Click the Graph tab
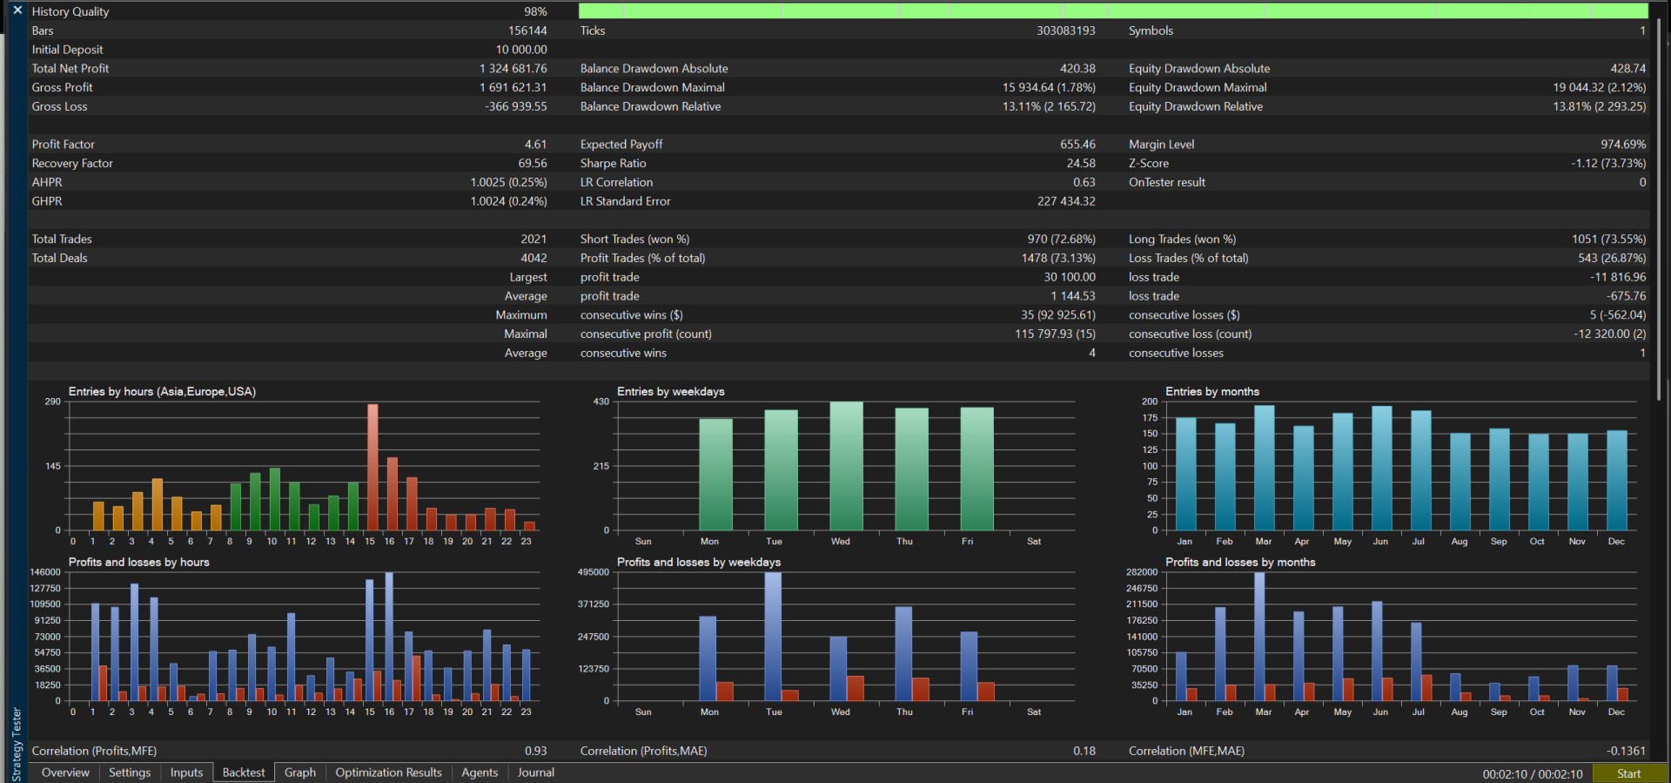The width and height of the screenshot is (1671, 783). pyautogui.click(x=300, y=773)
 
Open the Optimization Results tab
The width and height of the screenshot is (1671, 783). pyautogui.click(x=388, y=773)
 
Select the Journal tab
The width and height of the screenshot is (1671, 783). pyautogui.click(x=536, y=773)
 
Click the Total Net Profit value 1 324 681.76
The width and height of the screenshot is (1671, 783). pyautogui.click(x=513, y=69)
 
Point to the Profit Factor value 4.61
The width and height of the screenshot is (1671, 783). pyautogui.click(x=535, y=145)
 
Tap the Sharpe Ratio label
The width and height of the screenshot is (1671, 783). pyautogui.click(x=614, y=164)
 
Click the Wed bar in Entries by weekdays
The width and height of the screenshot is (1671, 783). pyautogui.click(x=846, y=466)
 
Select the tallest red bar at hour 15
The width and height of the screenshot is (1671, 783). pyautogui.click(x=372, y=467)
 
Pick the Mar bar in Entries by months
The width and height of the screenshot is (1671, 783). pyautogui.click(x=1265, y=468)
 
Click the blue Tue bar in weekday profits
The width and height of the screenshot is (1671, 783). pyautogui.click(x=773, y=637)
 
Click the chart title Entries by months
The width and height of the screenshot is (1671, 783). pyautogui.click(x=1212, y=392)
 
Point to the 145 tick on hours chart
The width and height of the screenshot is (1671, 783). pyautogui.click(x=53, y=466)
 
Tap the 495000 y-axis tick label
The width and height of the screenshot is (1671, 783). pyautogui.click(x=594, y=572)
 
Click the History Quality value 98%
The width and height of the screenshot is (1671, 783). pyautogui.click(x=535, y=12)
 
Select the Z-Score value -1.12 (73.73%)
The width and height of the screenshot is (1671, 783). pyautogui.click(x=1608, y=164)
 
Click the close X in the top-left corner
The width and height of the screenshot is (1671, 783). pyautogui.click(x=17, y=10)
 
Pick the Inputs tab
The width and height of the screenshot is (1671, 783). pyautogui.click(x=186, y=773)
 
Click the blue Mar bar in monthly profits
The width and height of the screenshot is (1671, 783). pyautogui.click(x=1259, y=637)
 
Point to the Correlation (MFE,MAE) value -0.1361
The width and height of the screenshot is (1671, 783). pyautogui.click(x=1626, y=751)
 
